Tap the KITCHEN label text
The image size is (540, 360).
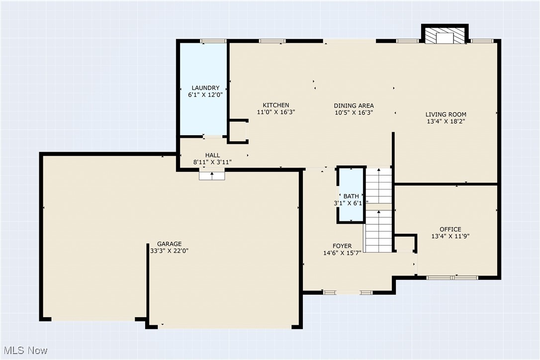click(276, 105)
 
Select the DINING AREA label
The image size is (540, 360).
click(354, 106)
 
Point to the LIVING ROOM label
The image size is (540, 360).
click(446, 114)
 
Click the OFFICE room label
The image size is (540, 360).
click(450, 229)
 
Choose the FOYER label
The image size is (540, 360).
click(342, 246)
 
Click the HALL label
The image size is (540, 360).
click(212, 156)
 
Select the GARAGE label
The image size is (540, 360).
click(169, 244)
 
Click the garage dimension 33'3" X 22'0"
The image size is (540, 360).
click(169, 251)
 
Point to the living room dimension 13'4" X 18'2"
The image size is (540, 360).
click(446, 121)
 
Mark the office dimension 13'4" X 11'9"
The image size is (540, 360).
click(450, 237)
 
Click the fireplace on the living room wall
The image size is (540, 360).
click(445, 36)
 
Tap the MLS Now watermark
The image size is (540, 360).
click(24, 351)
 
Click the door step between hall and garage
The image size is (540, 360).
click(212, 175)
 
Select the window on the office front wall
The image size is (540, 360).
click(452, 277)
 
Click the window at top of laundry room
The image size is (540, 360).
click(210, 41)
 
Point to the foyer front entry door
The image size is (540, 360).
click(348, 292)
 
